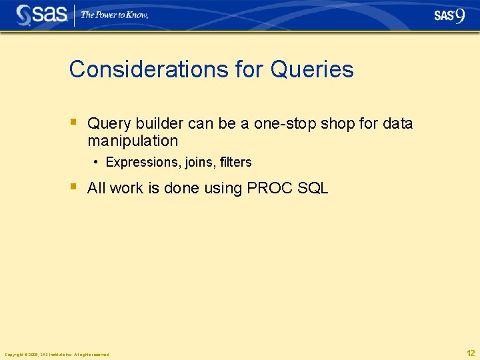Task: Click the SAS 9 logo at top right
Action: pyautogui.click(x=449, y=16)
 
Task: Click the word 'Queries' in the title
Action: pyautogui.click(x=312, y=69)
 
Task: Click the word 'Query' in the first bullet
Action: pyautogui.click(x=109, y=124)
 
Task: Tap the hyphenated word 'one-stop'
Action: pyautogui.click(x=285, y=124)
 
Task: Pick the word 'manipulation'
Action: pyautogui.click(x=133, y=141)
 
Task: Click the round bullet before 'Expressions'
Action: pyautogui.click(x=97, y=162)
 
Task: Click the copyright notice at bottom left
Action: pyautogui.click(x=57, y=355)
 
